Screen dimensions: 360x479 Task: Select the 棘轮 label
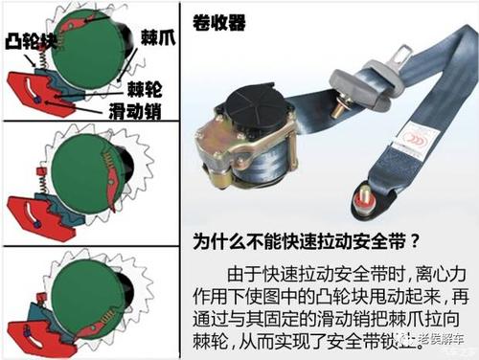(x=143, y=89)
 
